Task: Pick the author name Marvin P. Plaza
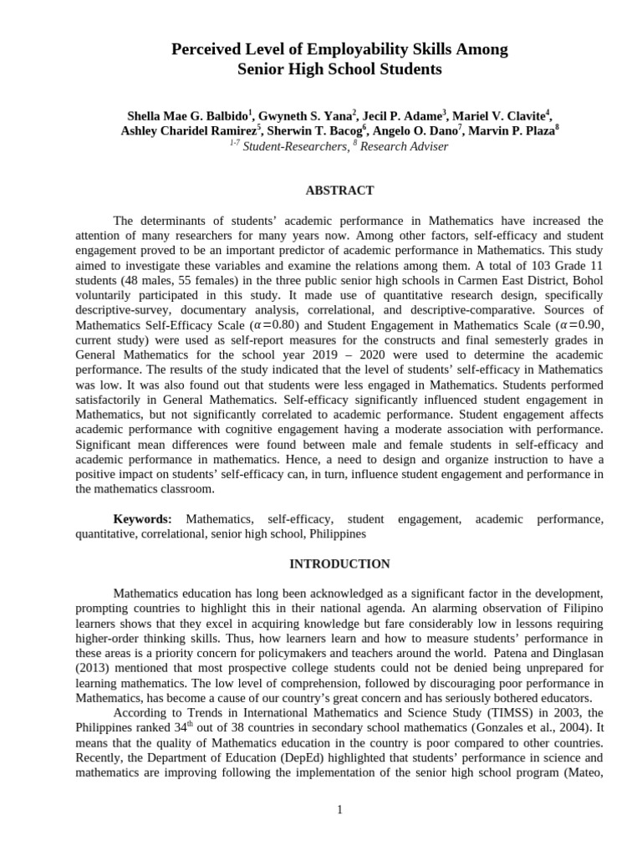pyautogui.click(x=511, y=131)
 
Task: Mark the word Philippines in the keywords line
pyautogui.click(x=337, y=534)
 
